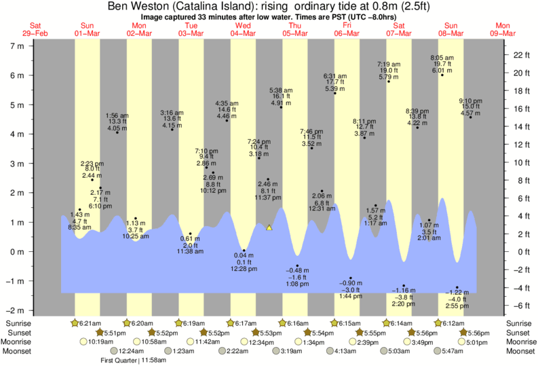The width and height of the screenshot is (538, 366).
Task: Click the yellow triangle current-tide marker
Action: click(269, 227)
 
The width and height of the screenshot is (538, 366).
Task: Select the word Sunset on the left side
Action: click(16, 333)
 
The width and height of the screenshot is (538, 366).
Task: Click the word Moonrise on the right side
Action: click(520, 342)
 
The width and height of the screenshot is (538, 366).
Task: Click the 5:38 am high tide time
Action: click(281, 90)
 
